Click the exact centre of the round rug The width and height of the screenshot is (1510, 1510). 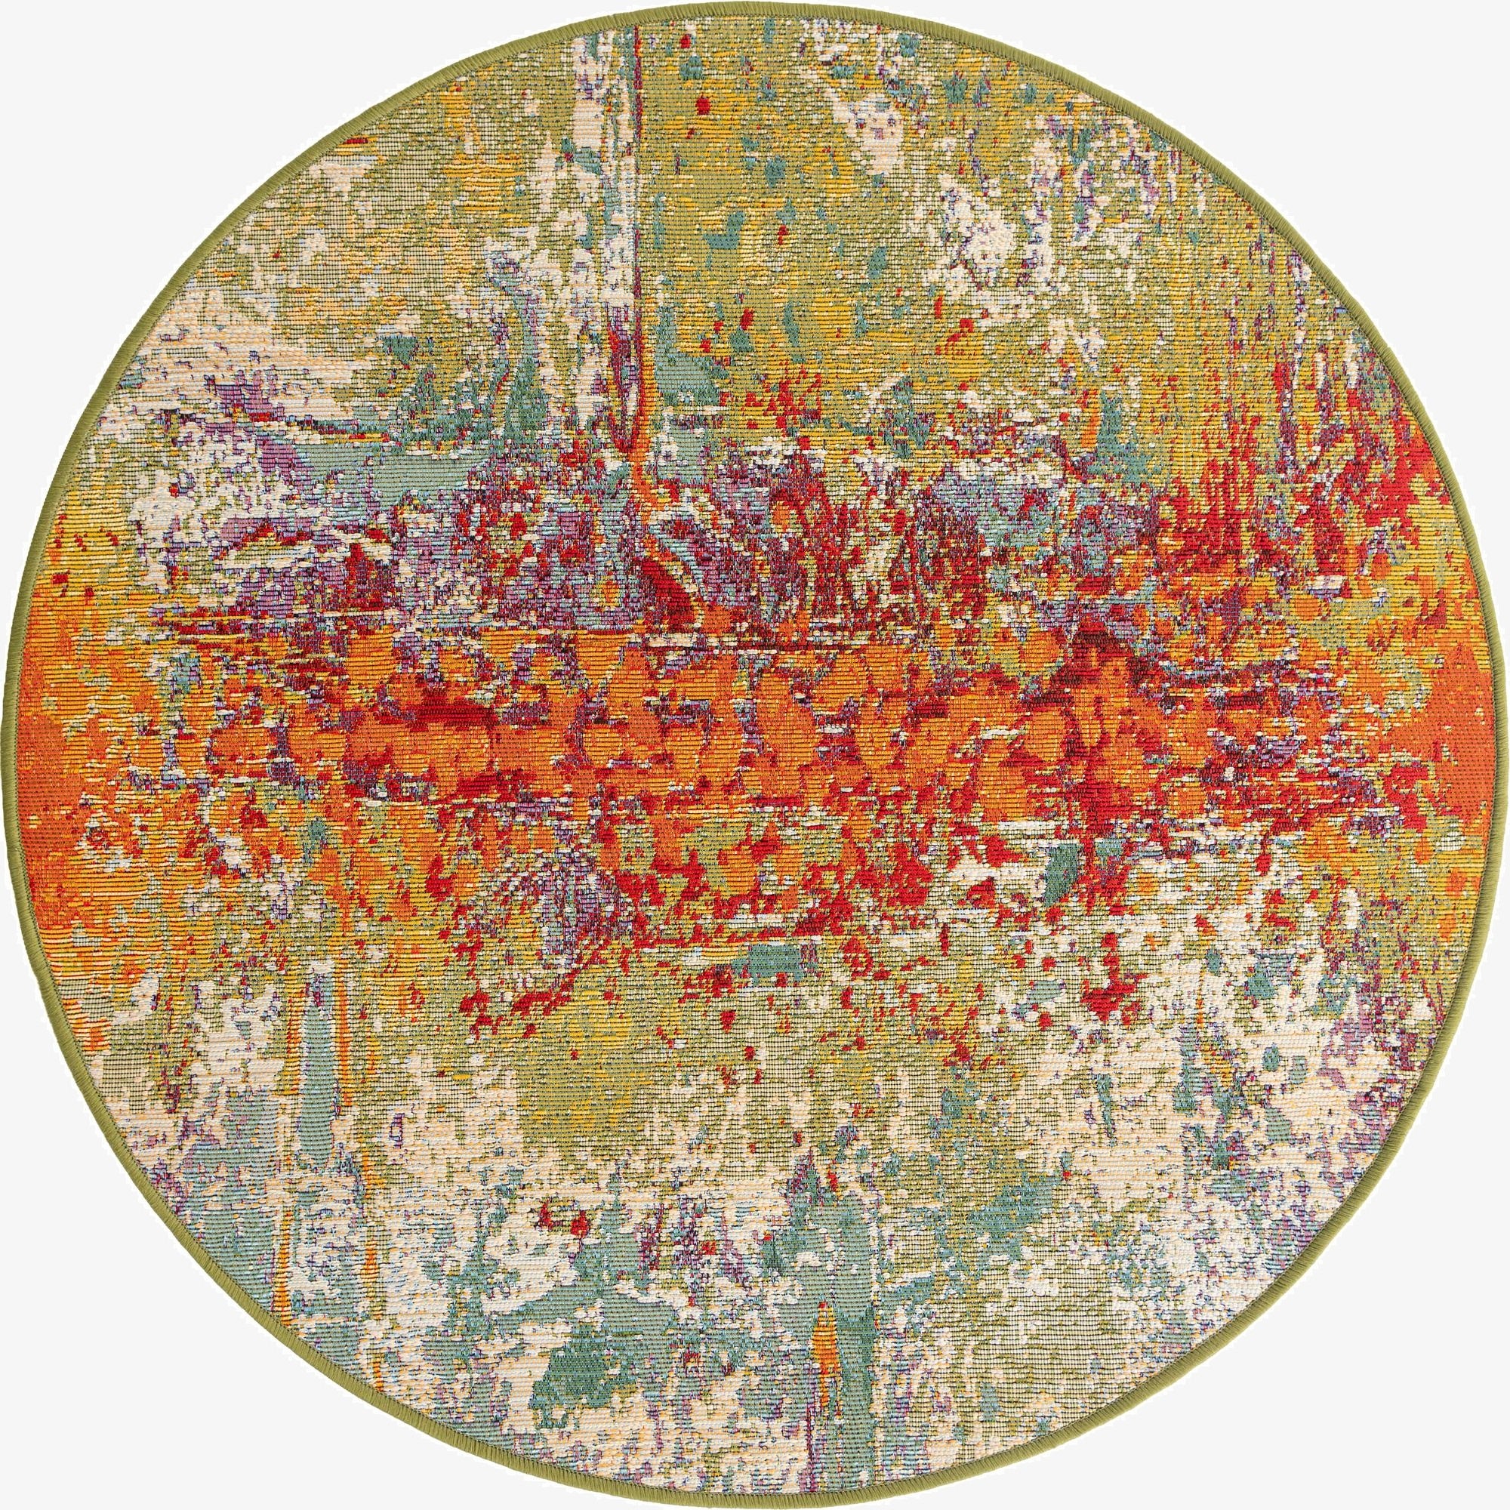click(x=755, y=755)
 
